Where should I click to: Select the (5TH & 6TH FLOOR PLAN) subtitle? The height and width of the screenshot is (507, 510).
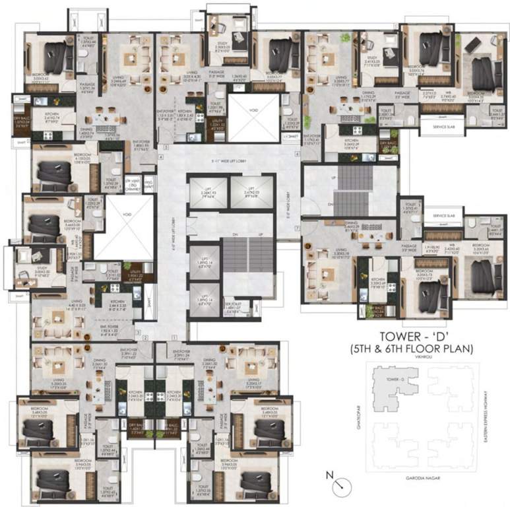tap(412, 349)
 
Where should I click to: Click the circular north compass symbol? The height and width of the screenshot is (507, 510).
tap(341, 485)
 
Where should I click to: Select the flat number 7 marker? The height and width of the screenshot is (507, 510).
tap(298, 228)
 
